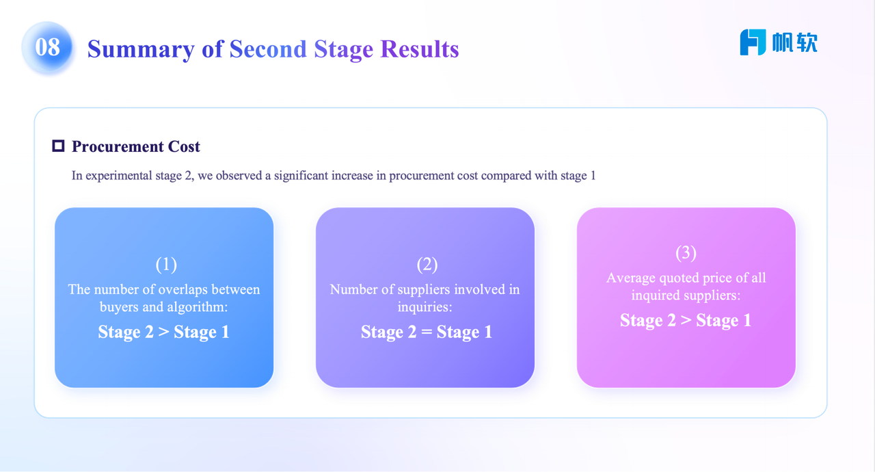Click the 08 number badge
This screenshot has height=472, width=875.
(47, 47)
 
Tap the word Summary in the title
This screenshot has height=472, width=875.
(141, 50)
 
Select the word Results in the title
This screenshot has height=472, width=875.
(420, 49)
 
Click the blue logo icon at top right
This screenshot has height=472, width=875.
(753, 42)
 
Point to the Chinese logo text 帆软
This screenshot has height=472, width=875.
(795, 42)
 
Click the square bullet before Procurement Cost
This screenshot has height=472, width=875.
(58, 146)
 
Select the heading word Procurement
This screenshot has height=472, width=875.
(118, 146)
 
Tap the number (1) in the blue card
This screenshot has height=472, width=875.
(166, 265)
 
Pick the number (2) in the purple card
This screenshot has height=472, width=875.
(427, 265)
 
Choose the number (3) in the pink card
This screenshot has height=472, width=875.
(686, 253)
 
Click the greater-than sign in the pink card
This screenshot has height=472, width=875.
(686, 320)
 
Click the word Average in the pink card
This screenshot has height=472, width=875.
(631, 278)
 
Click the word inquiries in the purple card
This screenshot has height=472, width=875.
(425, 307)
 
